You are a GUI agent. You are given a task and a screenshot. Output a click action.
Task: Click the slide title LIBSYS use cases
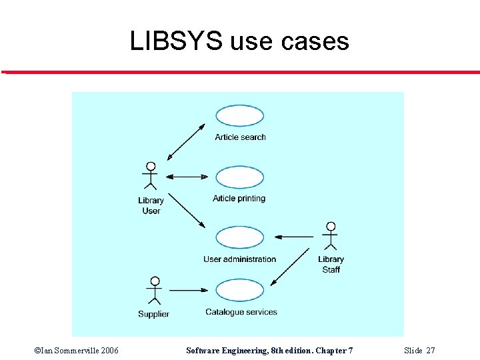click(x=239, y=41)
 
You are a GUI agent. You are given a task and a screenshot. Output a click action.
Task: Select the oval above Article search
click(x=240, y=115)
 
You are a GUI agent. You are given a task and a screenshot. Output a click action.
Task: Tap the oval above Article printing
click(x=240, y=177)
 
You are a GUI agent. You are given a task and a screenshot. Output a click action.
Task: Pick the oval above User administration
click(x=240, y=238)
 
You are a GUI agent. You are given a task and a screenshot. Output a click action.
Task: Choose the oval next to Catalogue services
click(x=240, y=290)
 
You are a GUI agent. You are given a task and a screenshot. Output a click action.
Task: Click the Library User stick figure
click(x=151, y=176)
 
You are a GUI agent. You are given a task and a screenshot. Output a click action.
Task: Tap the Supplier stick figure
click(x=154, y=291)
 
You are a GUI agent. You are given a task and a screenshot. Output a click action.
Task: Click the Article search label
click(x=240, y=137)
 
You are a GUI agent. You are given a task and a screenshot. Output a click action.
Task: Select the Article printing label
click(x=239, y=199)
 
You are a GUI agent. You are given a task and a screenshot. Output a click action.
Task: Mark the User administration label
click(x=239, y=259)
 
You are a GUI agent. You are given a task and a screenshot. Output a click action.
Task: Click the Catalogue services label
click(x=241, y=312)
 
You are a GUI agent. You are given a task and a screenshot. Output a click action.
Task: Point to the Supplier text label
click(x=153, y=314)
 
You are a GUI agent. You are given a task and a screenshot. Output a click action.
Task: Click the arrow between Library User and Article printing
click(x=187, y=177)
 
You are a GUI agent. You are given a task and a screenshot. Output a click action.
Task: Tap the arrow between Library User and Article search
click(x=186, y=141)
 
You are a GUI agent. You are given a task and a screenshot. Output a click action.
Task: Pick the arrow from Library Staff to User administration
click(x=294, y=236)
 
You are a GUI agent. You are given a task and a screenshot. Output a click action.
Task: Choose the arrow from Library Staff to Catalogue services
click(x=293, y=266)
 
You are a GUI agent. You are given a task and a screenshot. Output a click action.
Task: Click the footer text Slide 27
click(x=420, y=351)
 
